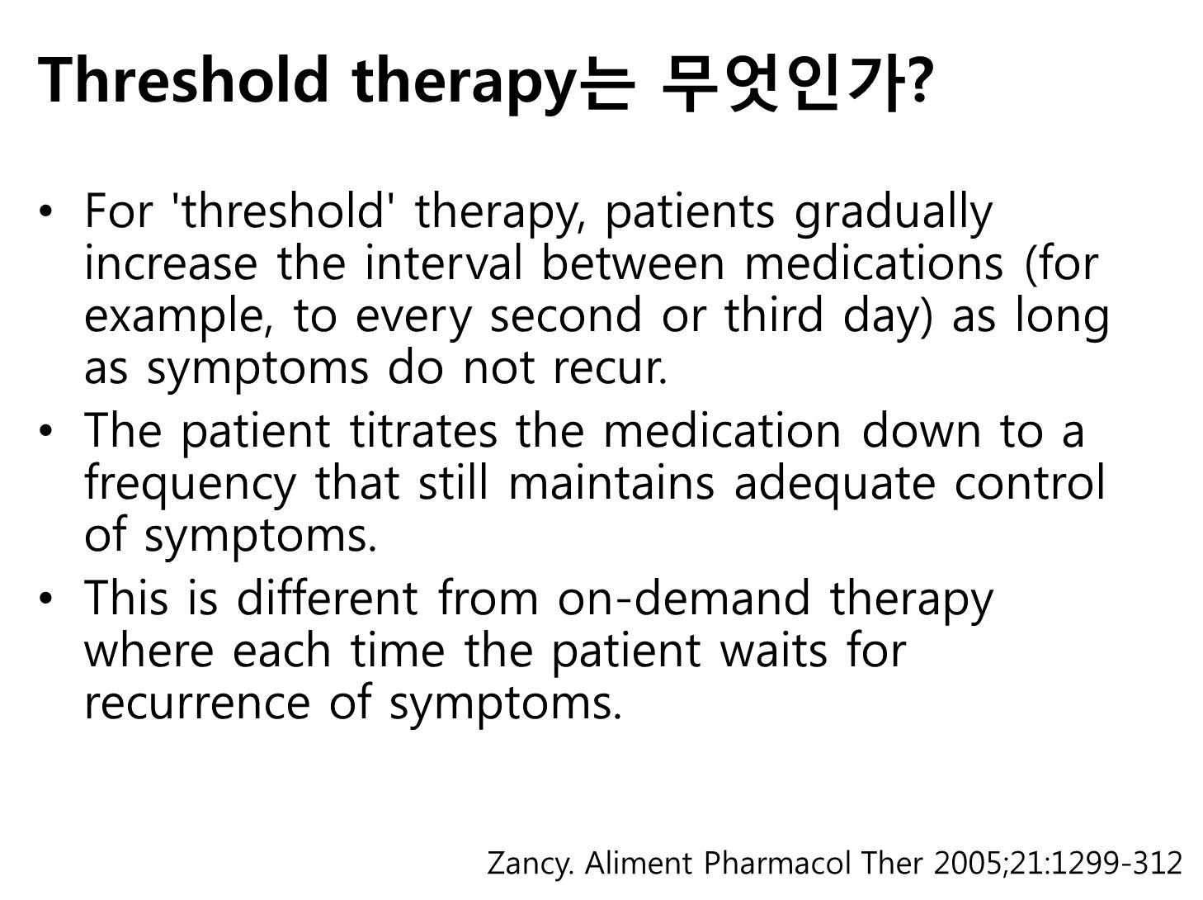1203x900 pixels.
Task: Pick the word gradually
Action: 893,214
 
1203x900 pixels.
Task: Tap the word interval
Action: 444,263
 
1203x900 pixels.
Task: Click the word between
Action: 633,263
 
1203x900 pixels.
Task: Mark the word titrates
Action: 423,430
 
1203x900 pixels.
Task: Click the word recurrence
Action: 197,703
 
